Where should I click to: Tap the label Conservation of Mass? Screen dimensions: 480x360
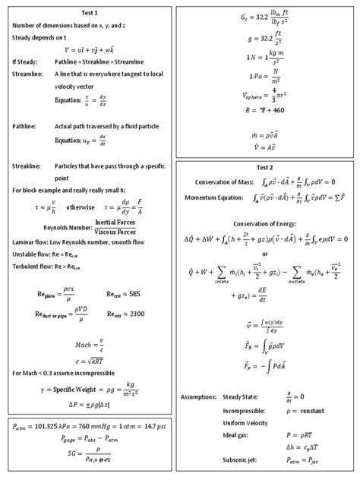point(224,182)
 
